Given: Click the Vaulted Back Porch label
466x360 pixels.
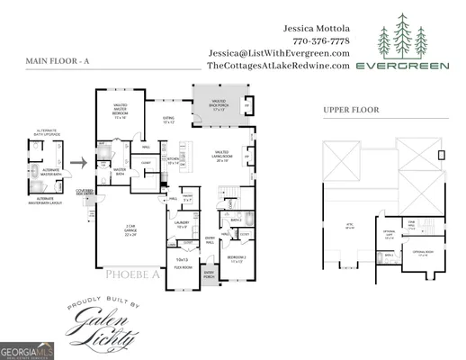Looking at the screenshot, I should coord(219,104).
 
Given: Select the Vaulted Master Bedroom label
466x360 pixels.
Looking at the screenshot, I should coord(121,112).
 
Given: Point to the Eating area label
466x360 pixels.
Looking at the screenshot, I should coord(168,119).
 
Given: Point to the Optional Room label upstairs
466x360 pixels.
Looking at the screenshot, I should coord(424,253).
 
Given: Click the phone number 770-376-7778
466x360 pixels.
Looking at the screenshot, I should coord(321,40).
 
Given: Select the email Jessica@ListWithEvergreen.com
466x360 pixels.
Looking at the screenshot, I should coord(278,53).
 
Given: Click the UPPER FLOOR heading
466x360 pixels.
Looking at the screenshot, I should coord(352,110).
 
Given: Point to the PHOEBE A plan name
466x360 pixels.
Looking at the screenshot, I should coord(132,274).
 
